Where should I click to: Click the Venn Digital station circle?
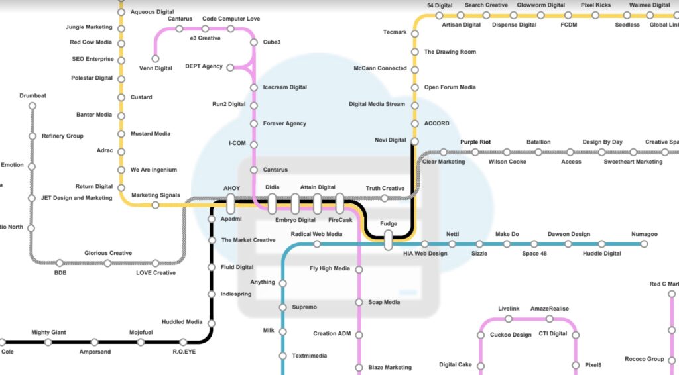(x=155, y=59)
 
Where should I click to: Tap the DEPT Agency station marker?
(x=230, y=67)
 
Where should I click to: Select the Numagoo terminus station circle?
(x=643, y=244)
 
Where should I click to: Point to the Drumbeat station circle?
(x=32, y=105)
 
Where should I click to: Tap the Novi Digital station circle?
(x=414, y=141)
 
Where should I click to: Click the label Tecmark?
(x=395, y=32)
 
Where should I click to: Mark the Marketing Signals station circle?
(x=155, y=205)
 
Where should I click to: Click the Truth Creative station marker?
(x=385, y=197)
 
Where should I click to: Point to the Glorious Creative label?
(x=107, y=253)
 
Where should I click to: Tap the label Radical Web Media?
(x=316, y=234)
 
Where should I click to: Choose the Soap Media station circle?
(x=359, y=303)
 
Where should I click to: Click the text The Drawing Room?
(x=450, y=52)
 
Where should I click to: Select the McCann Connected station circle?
(x=415, y=68)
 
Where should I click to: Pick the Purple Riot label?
(x=475, y=142)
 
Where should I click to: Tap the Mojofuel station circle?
(x=140, y=342)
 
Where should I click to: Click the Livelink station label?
(x=509, y=309)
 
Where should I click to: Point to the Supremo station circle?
(x=283, y=307)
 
